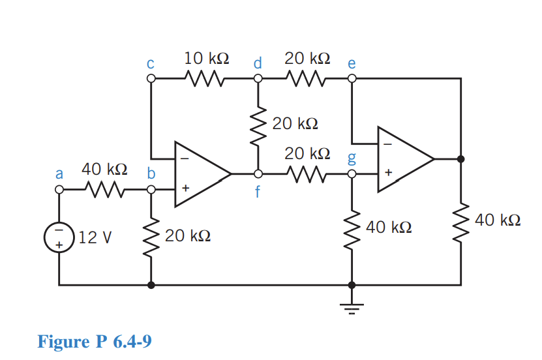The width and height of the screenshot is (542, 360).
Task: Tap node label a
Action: (59, 174)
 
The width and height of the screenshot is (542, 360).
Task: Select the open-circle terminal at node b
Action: (151, 190)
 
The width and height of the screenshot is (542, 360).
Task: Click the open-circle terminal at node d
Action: (258, 79)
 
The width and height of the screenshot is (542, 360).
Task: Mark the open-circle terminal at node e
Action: (352, 79)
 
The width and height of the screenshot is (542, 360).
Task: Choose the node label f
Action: (258, 194)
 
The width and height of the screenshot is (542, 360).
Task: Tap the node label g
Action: (352, 158)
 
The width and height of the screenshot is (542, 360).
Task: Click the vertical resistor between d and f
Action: (258, 126)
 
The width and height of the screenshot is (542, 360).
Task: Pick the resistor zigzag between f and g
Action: (305, 175)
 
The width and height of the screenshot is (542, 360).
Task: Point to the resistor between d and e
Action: (305, 79)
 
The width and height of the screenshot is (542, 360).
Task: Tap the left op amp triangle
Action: (199, 175)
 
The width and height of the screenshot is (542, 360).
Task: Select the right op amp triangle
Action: (402, 158)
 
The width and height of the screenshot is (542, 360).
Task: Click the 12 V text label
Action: (95, 237)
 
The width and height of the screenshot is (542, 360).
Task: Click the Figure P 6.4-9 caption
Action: (94, 341)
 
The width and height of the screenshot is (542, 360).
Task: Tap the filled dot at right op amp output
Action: (461, 158)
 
